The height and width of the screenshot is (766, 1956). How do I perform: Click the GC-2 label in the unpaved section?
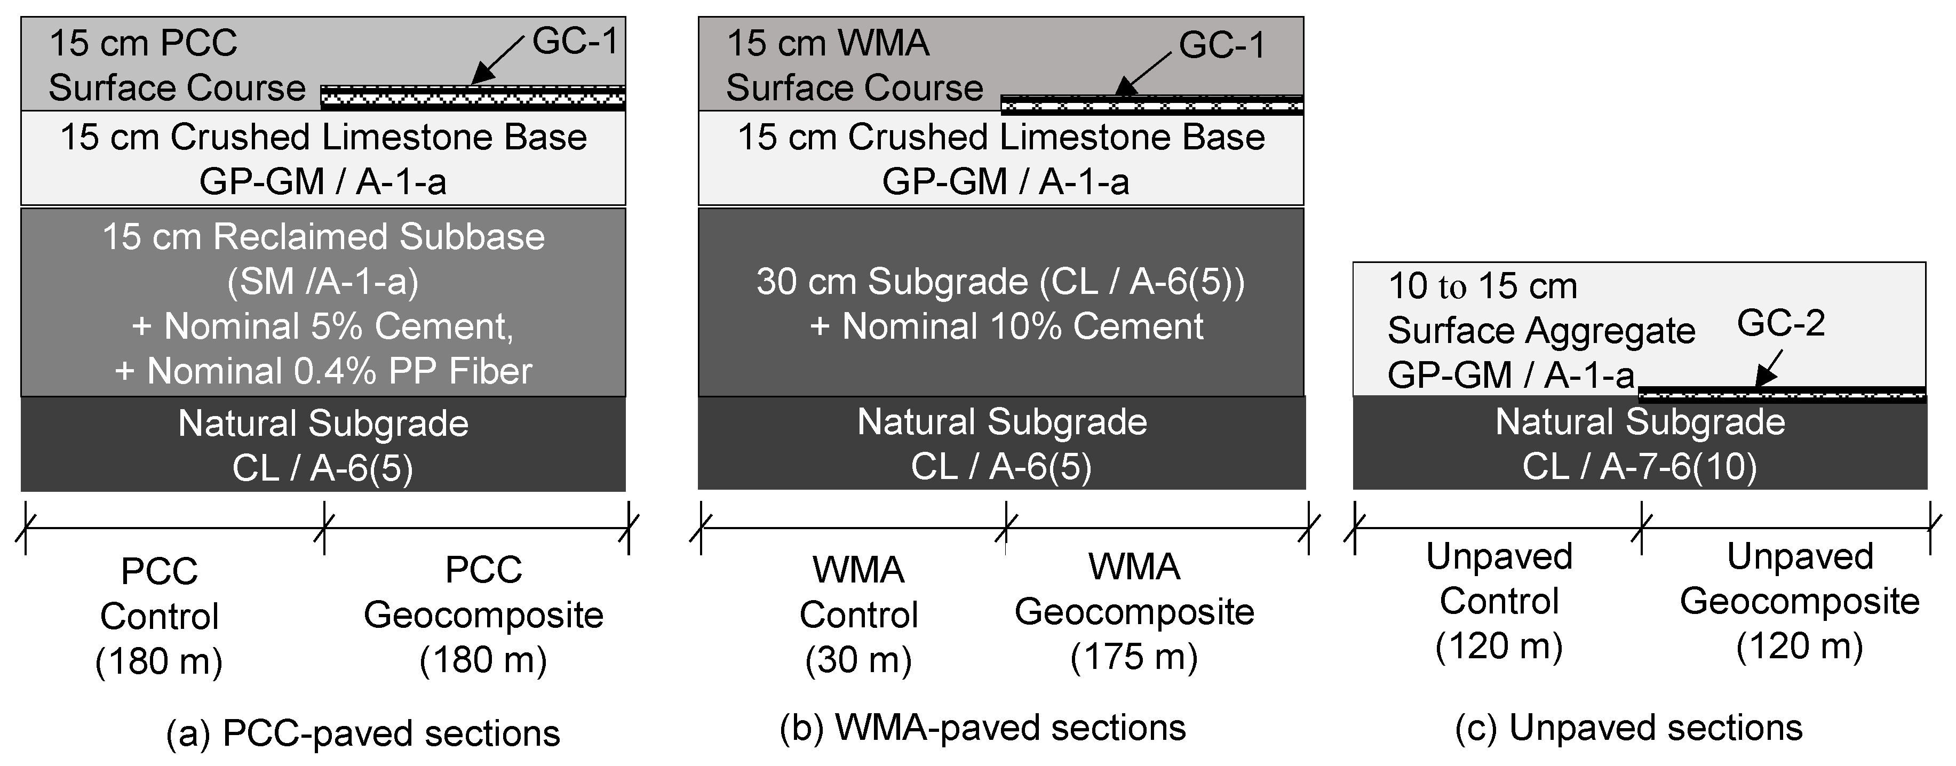1780,324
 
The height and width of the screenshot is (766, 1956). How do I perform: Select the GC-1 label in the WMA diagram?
1222,45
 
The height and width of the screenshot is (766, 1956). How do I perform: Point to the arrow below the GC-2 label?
1766,372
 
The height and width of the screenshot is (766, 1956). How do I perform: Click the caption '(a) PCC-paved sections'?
363,733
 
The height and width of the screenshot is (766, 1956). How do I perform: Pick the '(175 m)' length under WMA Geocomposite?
1134,656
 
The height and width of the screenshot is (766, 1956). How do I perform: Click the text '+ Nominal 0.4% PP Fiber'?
323,371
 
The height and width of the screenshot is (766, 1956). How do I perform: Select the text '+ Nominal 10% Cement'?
1007,326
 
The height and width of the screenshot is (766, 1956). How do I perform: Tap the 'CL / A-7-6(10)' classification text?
1640,466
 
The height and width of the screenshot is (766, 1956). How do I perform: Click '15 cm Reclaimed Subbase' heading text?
323,237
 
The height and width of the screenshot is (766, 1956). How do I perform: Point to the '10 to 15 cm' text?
1482,286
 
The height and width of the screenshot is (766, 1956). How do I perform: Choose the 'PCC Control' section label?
160,593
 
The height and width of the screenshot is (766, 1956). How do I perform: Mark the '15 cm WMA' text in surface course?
828,43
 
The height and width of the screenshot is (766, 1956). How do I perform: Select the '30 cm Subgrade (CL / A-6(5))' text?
1000,282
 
